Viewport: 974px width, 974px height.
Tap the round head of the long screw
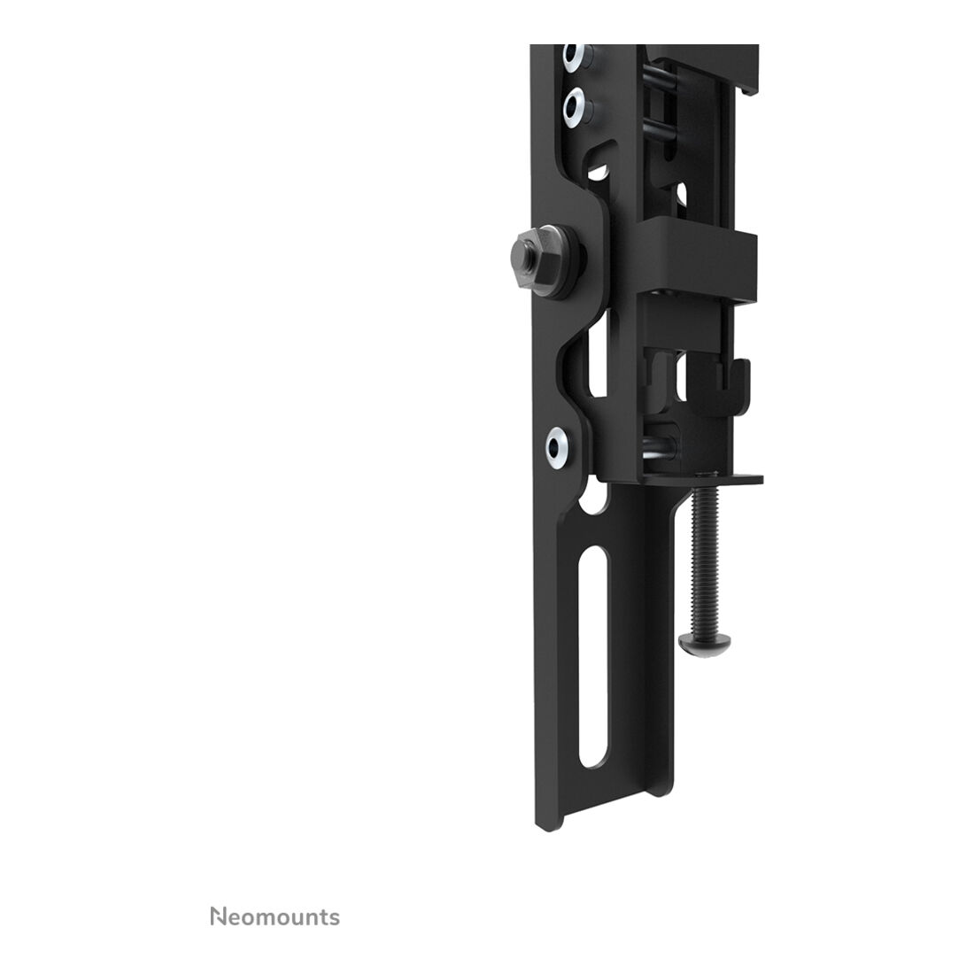pyautogui.click(x=704, y=644)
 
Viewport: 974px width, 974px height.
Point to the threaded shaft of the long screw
pyautogui.click(x=707, y=559)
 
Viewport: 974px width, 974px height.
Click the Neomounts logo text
pyautogui.click(x=274, y=916)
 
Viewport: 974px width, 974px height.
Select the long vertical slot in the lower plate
pyautogui.click(x=592, y=659)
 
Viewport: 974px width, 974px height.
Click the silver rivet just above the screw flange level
pyautogui.click(x=559, y=447)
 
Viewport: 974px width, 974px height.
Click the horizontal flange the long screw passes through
pyautogui.click(x=702, y=478)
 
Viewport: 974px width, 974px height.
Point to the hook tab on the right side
pyautogui.click(x=733, y=385)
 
